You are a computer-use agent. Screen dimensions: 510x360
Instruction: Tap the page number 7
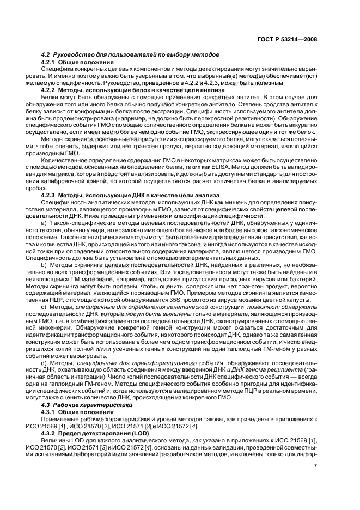pos(316,466)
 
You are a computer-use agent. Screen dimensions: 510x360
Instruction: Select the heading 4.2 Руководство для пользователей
pos(130,55)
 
